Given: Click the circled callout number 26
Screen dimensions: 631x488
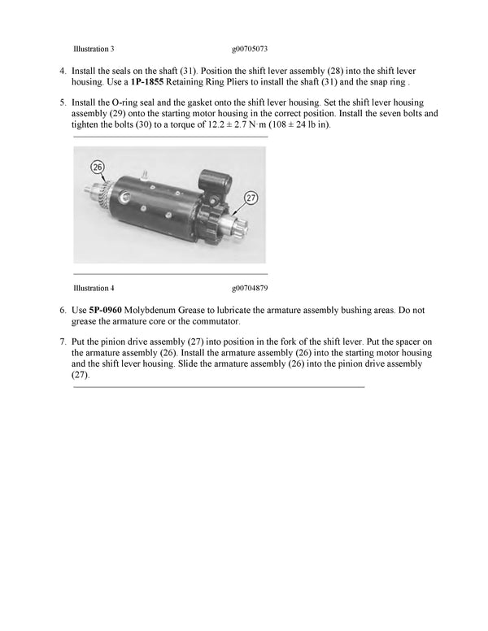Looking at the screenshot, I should tap(98, 168).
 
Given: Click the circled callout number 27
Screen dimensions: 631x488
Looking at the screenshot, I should tap(251, 196).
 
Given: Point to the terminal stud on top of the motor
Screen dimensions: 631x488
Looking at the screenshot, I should tap(142, 174).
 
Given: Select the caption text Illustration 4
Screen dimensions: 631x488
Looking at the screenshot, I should tap(94, 288).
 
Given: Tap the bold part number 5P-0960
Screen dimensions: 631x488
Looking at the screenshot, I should tap(105, 311).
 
